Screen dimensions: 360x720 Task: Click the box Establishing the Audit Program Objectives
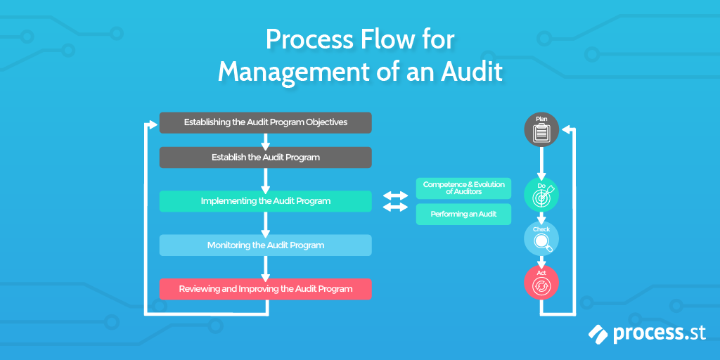[x=265, y=122]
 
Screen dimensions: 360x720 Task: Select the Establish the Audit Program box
[x=265, y=157]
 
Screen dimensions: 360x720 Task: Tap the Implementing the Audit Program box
[x=265, y=201]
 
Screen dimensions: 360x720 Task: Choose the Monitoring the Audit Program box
[x=265, y=245]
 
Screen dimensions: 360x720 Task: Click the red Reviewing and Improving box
[x=265, y=289]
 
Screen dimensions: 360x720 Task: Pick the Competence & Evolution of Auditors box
[x=463, y=188]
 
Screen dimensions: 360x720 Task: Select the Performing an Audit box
[x=463, y=214]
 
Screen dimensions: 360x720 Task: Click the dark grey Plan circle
[x=541, y=129]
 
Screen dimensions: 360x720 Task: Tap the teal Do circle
[x=541, y=195]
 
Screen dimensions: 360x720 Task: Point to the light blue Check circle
[x=541, y=239]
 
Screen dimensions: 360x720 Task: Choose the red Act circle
[x=541, y=283]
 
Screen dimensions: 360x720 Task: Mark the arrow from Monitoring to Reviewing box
[x=266, y=267]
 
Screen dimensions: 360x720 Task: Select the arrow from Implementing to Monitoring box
[x=266, y=224]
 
